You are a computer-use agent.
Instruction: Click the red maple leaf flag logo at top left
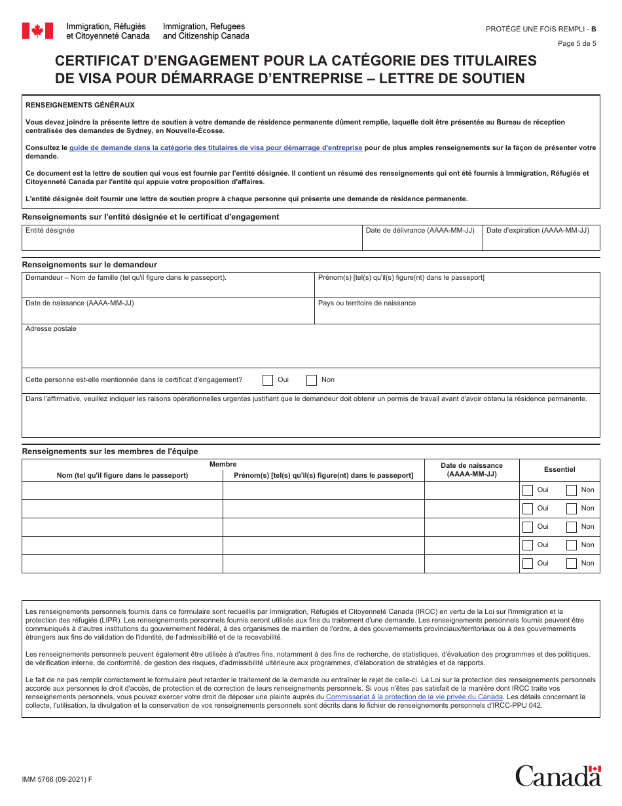(37, 31)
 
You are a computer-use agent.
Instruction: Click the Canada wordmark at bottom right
(558, 776)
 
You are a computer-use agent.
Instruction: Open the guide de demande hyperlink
(215, 148)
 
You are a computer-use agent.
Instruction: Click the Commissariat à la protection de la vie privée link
(414, 697)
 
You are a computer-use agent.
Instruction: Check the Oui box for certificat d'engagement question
(268, 380)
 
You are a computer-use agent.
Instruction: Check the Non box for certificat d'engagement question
(312, 380)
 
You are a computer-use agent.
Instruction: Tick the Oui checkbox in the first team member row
(528, 490)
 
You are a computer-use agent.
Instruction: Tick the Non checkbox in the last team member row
(572, 564)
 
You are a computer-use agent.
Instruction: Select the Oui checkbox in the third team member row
(528, 527)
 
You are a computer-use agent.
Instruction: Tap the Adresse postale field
(310, 351)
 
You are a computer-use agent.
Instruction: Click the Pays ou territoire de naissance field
(457, 315)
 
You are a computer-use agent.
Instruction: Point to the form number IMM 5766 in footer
(57, 779)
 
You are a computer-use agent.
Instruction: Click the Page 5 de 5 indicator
(577, 44)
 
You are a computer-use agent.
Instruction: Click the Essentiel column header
(559, 469)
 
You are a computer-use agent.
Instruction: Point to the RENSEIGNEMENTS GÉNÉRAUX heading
(80, 105)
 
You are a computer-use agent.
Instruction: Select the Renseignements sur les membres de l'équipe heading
(110, 451)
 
